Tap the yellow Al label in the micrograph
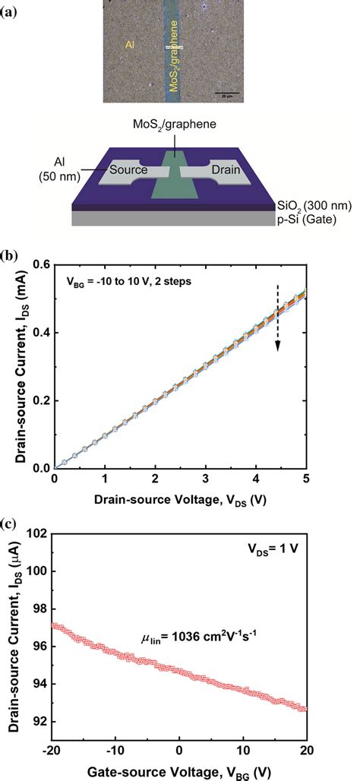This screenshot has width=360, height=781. tap(130, 46)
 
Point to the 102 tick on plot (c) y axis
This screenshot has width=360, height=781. tap(37, 534)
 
